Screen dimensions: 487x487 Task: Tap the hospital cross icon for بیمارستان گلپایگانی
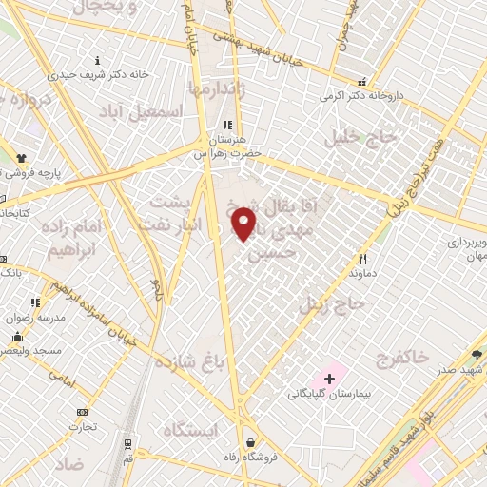329,379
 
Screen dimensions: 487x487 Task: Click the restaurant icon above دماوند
361,258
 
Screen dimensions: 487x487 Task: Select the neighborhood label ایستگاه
190,431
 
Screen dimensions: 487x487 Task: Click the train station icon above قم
127,444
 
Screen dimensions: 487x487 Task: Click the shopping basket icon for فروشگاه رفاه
250,441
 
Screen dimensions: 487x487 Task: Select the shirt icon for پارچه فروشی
22,156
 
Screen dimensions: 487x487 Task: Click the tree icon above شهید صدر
476,355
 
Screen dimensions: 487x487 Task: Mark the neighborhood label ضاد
69,465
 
